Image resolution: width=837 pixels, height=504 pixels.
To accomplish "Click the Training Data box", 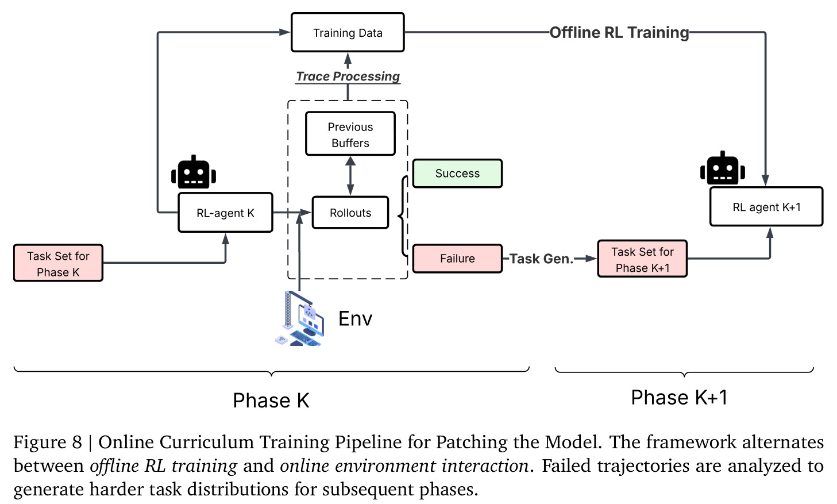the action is click(x=348, y=32).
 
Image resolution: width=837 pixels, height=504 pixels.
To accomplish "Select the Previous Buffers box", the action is click(x=350, y=133).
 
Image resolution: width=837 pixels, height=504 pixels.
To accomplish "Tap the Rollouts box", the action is click(x=350, y=213).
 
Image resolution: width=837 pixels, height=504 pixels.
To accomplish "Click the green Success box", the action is click(x=457, y=173).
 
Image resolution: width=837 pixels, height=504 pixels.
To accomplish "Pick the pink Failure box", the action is click(x=457, y=259).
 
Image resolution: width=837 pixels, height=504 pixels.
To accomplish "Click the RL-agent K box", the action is click(x=225, y=213).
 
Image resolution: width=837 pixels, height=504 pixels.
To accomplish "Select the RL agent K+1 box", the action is click(x=766, y=206).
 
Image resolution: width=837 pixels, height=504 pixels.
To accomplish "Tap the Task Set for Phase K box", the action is click(x=58, y=263).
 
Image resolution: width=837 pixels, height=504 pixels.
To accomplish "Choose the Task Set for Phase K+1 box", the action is click(x=642, y=259).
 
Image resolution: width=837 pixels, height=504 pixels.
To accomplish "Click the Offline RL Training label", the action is click(x=619, y=33).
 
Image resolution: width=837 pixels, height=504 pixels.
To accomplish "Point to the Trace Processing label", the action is click(x=348, y=76).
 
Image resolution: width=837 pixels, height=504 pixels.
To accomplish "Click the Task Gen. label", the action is click(x=541, y=259).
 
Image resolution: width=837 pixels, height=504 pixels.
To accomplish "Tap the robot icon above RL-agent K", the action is click(x=193, y=172).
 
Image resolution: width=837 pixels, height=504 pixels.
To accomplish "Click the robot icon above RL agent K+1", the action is click(x=723, y=167).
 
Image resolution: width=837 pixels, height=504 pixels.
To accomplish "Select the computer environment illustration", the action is click(x=300, y=318).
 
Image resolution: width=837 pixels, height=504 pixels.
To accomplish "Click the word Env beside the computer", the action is click(x=356, y=318).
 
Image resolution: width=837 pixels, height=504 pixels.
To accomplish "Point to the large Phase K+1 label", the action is click(x=679, y=397).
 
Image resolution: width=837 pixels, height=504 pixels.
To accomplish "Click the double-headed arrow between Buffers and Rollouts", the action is click(x=350, y=176).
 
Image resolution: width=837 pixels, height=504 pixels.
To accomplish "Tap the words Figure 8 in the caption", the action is click(x=48, y=442).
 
